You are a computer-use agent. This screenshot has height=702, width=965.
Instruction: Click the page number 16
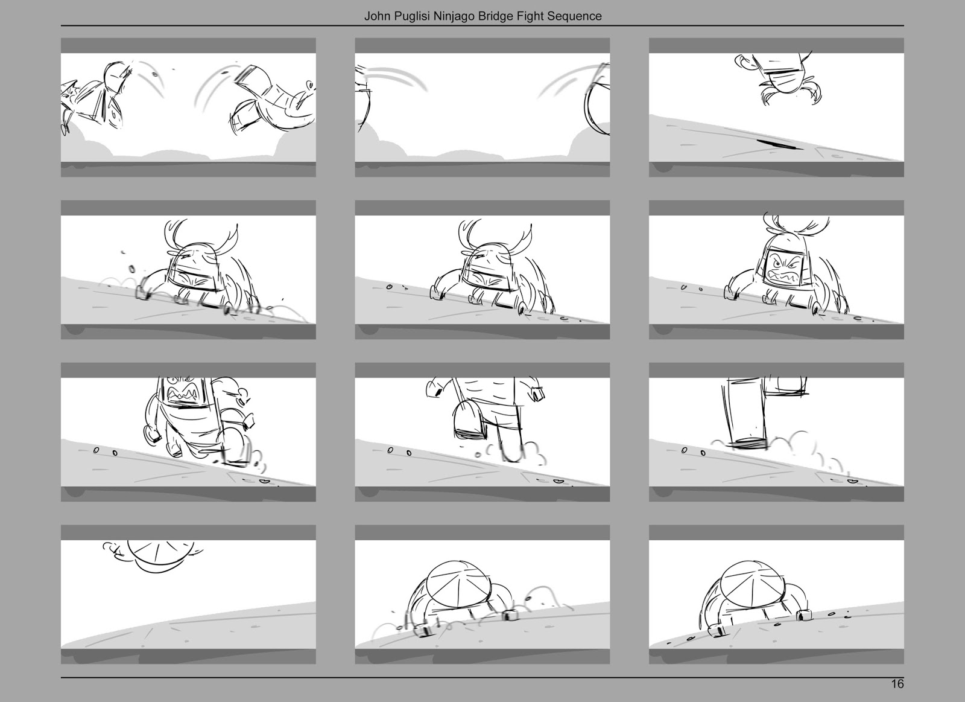(x=897, y=684)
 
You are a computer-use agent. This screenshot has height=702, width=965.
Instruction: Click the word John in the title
(x=376, y=16)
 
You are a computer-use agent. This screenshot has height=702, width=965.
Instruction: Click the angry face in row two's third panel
(x=782, y=267)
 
